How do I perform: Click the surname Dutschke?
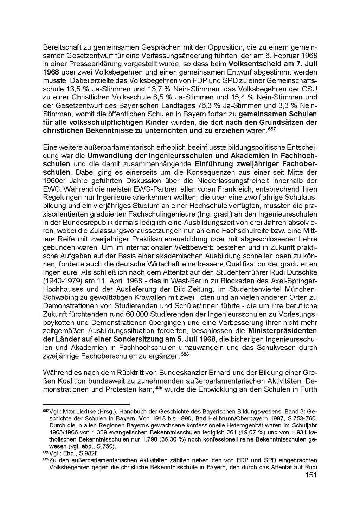tap(300, 272)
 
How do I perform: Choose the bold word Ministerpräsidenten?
tap(282, 331)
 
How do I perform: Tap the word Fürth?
tap(309, 389)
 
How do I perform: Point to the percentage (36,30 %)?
tap(168, 439)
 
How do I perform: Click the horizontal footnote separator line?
tap(86, 405)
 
